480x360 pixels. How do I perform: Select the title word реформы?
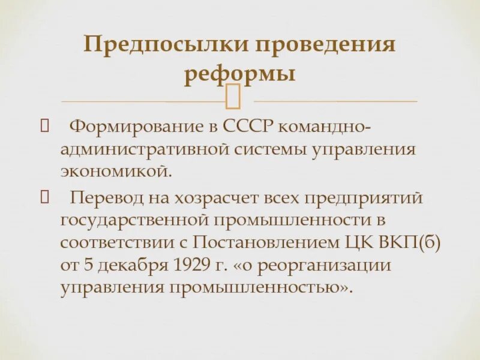[239, 75]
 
